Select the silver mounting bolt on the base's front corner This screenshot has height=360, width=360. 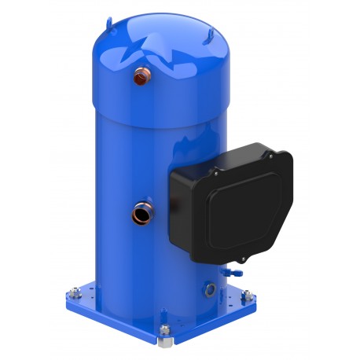[x=164, y=331]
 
